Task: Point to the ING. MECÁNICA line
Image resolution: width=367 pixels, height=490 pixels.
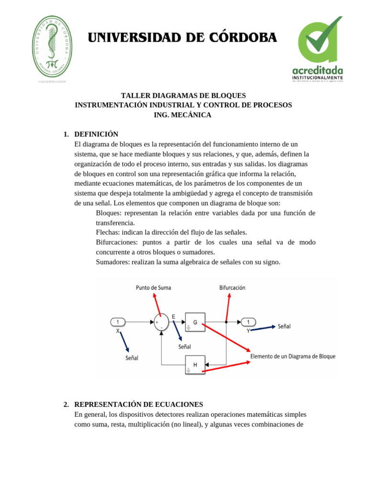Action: (183, 115)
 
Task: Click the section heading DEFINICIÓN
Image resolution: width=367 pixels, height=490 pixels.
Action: (96, 134)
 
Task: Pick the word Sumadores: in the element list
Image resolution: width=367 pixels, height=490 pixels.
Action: (114, 262)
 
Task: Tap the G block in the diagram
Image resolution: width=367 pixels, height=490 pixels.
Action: (195, 322)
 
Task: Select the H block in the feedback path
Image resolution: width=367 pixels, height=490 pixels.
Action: (195, 365)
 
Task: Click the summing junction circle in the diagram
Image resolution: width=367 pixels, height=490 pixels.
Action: (161, 322)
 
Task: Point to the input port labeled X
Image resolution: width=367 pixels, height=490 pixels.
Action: (118, 322)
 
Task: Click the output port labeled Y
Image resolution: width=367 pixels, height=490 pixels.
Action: (248, 322)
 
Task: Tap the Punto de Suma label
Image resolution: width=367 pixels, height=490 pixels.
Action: (153, 288)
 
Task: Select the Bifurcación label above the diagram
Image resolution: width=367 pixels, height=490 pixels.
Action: (232, 288)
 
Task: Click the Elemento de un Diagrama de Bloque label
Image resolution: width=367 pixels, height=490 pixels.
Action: (293, 356)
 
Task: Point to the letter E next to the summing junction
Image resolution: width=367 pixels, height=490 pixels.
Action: (173, 316)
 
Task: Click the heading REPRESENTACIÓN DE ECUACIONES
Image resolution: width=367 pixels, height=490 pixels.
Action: (139, 404)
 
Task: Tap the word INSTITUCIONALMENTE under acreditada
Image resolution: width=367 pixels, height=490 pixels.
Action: (317, 77)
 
